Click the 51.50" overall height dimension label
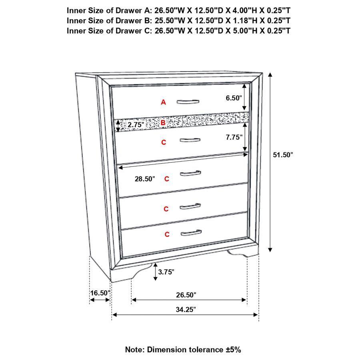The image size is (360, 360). [283, 155]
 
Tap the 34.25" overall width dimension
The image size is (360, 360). [186, 310]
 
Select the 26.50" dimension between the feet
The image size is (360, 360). [186, 295]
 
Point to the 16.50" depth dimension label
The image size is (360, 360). [100, 293]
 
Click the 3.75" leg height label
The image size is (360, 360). [166, 272]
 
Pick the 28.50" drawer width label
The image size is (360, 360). [145, 179]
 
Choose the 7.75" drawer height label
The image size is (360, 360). [234, 137]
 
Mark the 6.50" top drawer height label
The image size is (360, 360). [234, 98]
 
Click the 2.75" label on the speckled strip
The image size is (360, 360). [136, 125]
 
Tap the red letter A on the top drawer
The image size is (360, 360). [163, 102]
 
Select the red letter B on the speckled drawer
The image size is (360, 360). [163, 123]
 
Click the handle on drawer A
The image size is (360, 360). [188, 102]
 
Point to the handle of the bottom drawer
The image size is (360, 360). [191, 233]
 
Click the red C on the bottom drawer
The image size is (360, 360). [167, 234]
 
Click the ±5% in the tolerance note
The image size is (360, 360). [233, 350]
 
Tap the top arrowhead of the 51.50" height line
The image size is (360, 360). [270, 75]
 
